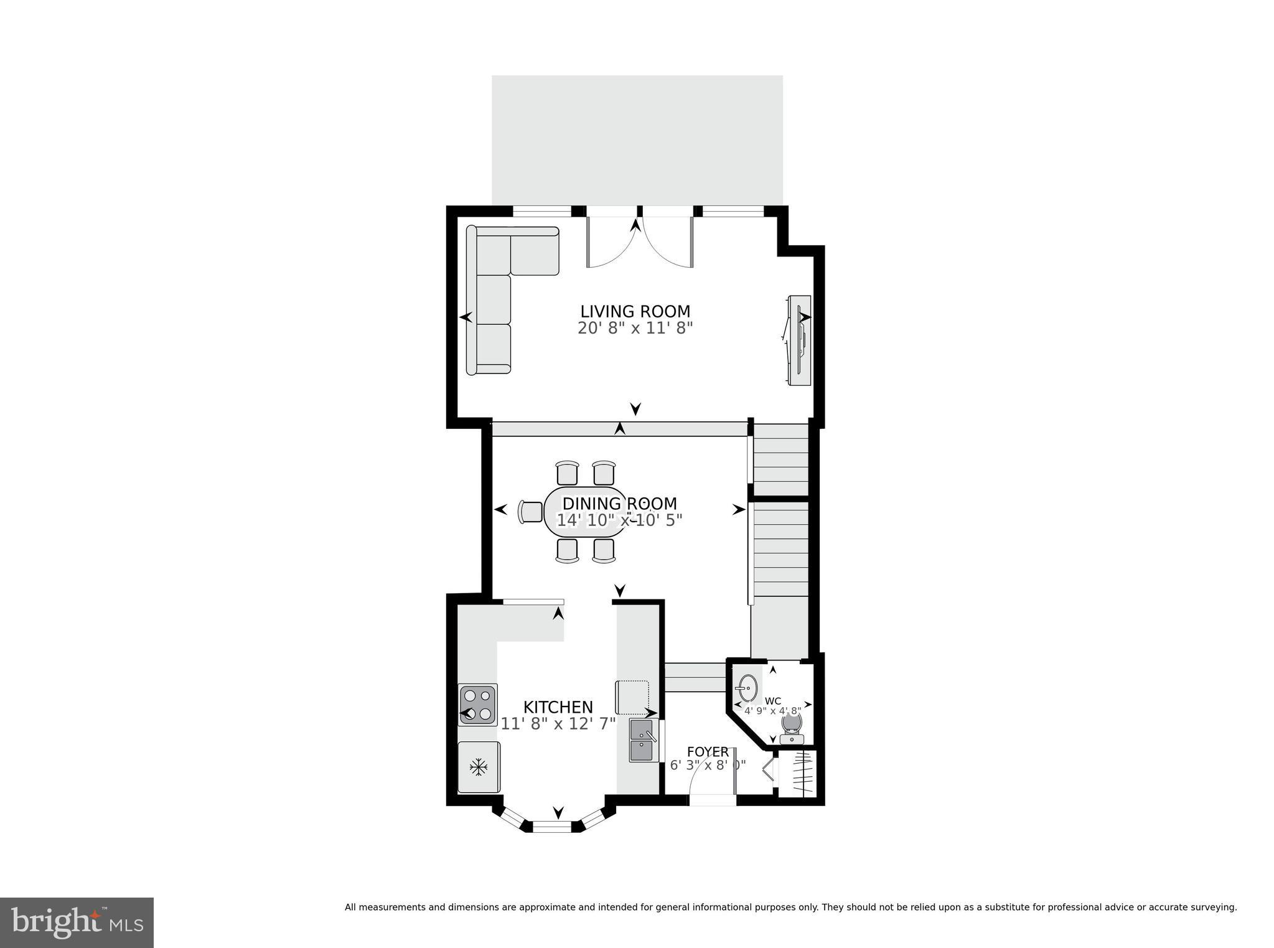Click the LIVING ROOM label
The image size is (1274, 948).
(x=635, y=311)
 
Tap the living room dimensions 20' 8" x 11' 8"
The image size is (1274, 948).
(x=635, y=329)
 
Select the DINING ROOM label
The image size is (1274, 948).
(x=619, y=504)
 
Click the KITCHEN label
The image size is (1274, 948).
(x=558, y=707)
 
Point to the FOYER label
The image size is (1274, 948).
(x=708, y=752)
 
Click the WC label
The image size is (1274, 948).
(x=772, y=701)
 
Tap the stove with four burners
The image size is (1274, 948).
(x=478, y=705)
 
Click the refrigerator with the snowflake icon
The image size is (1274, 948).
(x=478, y=767)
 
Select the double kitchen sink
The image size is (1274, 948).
(x=643, y=740)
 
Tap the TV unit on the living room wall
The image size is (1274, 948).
(x=799, y=340)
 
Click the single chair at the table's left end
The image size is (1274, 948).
(x=530, y=512)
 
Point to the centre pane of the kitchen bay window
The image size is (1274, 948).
(x=551, y=826)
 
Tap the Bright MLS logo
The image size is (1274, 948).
(x=77, y=922)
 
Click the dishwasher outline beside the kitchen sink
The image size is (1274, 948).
(x=632, y=697)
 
